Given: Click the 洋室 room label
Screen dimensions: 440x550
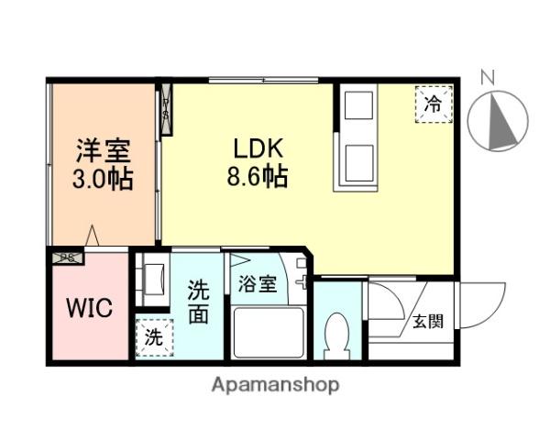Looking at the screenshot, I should [x=103, y=149].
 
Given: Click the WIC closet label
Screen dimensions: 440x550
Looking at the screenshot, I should [x=88, y=308].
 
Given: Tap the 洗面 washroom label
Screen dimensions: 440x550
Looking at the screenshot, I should [x=199, y=303].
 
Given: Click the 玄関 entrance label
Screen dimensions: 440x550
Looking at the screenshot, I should [x=427, y=321].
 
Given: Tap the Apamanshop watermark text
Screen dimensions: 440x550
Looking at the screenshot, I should [x=275, y=385].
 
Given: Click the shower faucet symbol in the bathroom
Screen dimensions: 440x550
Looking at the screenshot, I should [x=299, y=275].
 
